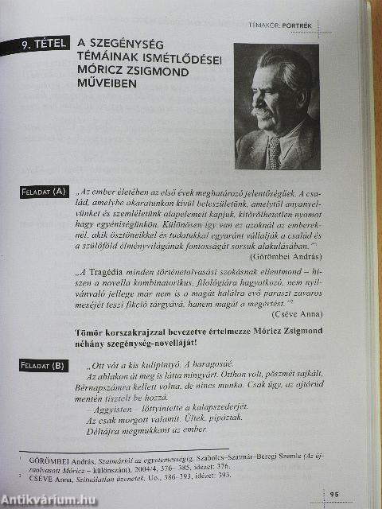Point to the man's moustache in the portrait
pos(263,111)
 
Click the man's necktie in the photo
pos(274,150)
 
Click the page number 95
pos(335,495)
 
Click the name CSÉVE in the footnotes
pos(42,475)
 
